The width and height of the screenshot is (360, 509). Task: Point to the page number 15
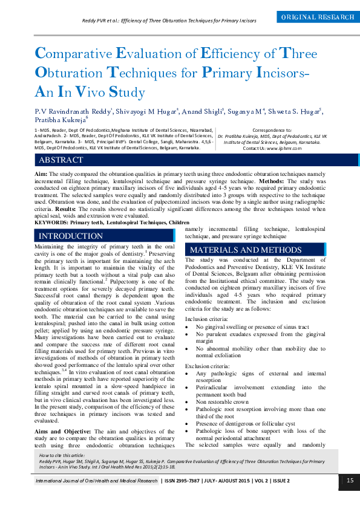(350, 481)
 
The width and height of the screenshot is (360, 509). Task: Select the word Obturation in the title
(68, 73)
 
